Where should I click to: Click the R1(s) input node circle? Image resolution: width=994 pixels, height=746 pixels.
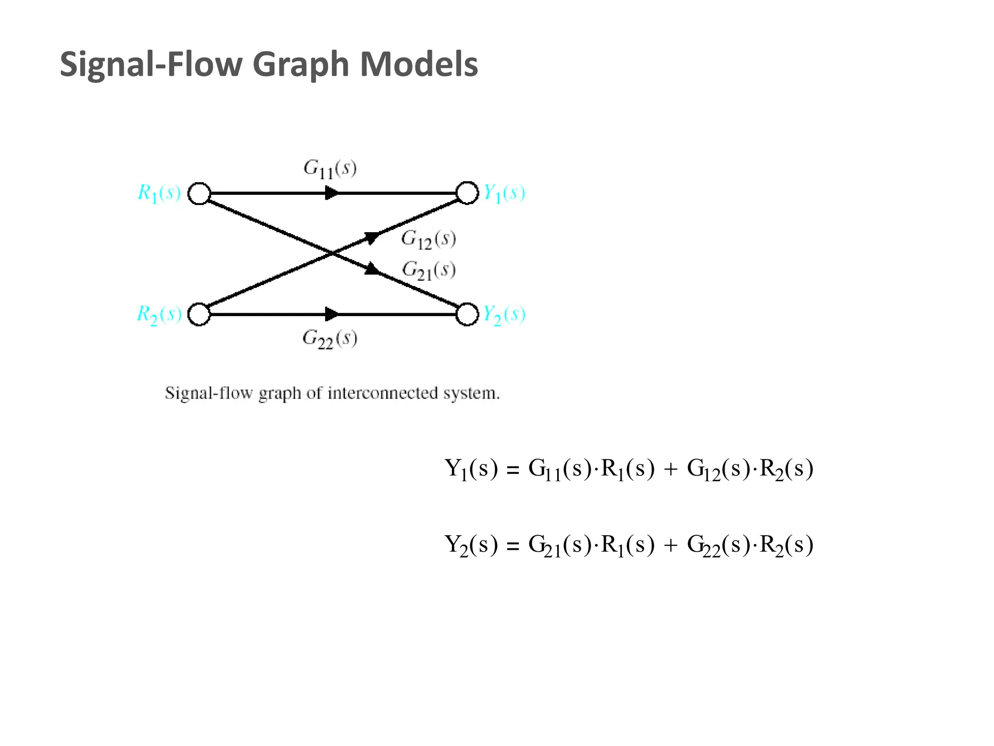[x=199, y=193]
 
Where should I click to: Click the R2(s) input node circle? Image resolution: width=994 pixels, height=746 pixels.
[x=199, y=314]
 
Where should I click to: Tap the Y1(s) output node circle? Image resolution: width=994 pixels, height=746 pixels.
[x=467, y=193]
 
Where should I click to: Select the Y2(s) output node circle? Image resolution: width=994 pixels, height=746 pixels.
[x=467, y=314]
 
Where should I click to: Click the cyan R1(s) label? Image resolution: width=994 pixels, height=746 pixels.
[x=159, y=193]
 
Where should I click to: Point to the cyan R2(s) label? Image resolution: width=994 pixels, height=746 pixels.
[x=159, y=315]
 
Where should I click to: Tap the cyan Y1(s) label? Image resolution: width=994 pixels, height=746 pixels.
[x=504, y=193]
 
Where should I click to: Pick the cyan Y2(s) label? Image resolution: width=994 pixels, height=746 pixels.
[x=504, y=315]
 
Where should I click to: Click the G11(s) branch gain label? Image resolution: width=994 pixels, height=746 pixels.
[x=330, y=169]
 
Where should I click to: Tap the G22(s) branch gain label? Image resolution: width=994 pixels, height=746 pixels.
[x=330, y=339]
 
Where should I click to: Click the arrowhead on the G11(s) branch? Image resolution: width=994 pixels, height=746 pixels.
[x=331, y=193]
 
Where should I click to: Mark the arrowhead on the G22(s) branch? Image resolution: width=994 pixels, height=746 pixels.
[x=331, y=314]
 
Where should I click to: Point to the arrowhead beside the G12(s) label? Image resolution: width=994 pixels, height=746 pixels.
[x=372, y=237]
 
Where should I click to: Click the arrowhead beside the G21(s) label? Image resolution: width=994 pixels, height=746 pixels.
[x=372, y=269]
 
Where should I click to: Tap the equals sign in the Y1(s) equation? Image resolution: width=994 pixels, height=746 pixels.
[x=513, y=470]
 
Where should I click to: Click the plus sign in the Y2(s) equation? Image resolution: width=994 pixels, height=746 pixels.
[x=671, y=546]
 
